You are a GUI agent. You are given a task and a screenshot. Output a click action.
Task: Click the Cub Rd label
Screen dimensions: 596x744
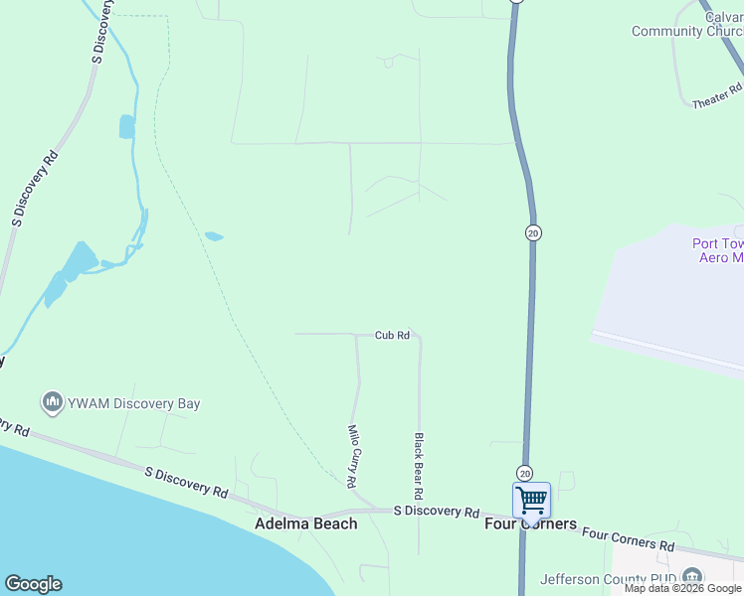392,336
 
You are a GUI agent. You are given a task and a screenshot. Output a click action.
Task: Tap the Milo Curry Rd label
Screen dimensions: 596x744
352,456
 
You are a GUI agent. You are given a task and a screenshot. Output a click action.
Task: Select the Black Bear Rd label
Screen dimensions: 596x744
420,466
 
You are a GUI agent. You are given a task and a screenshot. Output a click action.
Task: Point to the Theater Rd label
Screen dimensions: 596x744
716,101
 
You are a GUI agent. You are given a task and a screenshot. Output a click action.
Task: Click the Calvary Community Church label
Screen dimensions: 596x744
687,24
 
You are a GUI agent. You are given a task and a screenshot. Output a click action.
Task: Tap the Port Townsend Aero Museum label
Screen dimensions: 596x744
717,250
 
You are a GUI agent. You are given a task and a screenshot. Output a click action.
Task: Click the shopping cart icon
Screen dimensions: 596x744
531,499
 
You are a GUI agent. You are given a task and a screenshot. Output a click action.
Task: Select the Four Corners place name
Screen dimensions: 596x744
530,523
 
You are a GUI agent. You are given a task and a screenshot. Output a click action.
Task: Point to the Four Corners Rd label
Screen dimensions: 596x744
628,539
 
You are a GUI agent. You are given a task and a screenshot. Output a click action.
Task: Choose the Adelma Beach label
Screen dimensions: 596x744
306,523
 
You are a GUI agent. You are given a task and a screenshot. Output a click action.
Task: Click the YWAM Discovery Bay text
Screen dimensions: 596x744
133,403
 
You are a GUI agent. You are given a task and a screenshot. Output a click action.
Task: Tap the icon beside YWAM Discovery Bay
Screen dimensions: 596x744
52,402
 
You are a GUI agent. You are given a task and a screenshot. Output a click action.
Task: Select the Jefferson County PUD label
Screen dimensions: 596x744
610,579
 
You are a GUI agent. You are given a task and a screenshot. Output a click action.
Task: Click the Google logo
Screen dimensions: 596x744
33,584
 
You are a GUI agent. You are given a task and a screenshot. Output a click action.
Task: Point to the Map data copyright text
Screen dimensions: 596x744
683,589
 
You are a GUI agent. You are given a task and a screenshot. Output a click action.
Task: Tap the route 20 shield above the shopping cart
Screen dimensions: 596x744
524,473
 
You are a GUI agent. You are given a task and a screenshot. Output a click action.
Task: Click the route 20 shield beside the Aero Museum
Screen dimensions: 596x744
533,232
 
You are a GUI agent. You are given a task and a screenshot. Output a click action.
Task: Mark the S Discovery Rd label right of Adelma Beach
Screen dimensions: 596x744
437,512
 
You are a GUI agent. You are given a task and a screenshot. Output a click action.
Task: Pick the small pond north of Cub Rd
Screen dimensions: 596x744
213,236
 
